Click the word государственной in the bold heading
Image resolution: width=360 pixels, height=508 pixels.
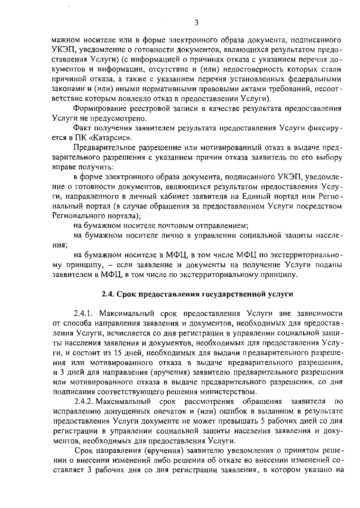(233, 294)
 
